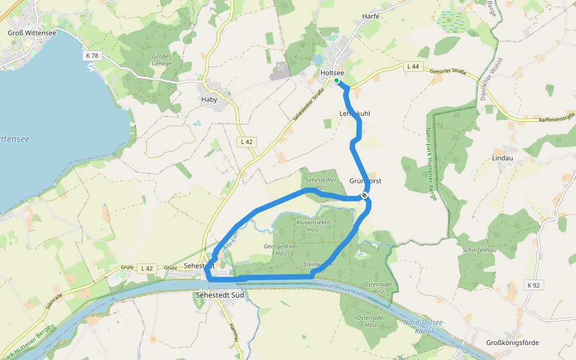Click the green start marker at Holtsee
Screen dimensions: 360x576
pos(337,80)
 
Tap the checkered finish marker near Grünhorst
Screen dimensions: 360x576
pos(364,195)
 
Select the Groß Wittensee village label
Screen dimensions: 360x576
pos(32,33)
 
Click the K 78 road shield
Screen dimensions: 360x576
pos(91,55)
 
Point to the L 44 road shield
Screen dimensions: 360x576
pos(412,66)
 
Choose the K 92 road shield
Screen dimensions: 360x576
pos(533,285)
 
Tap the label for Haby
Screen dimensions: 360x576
pos(209,100)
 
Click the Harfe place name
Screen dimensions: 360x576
pos(371,16)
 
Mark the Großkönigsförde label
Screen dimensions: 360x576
pos(512,343)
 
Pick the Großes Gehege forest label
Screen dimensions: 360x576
pos(161,60)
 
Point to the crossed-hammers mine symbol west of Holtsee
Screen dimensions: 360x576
pos(280,70)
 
